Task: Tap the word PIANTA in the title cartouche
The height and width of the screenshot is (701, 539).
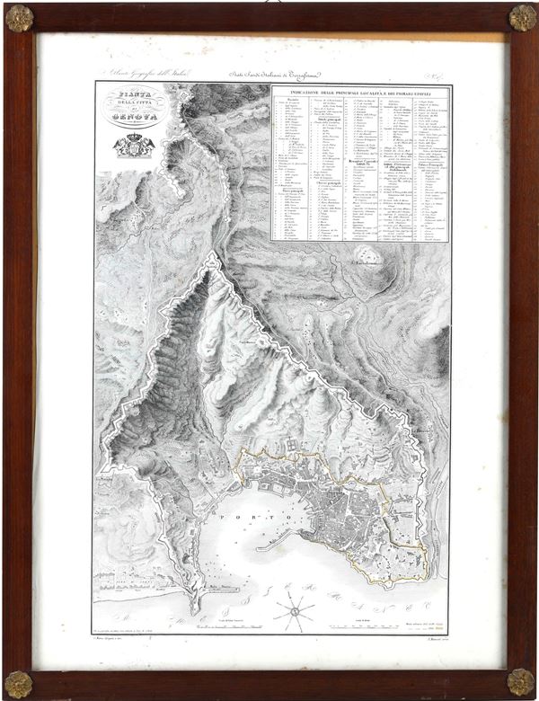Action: coord(132,95)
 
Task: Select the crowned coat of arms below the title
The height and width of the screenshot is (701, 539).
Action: coord(133,144)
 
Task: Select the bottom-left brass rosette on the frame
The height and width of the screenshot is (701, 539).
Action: coord(18,682)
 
